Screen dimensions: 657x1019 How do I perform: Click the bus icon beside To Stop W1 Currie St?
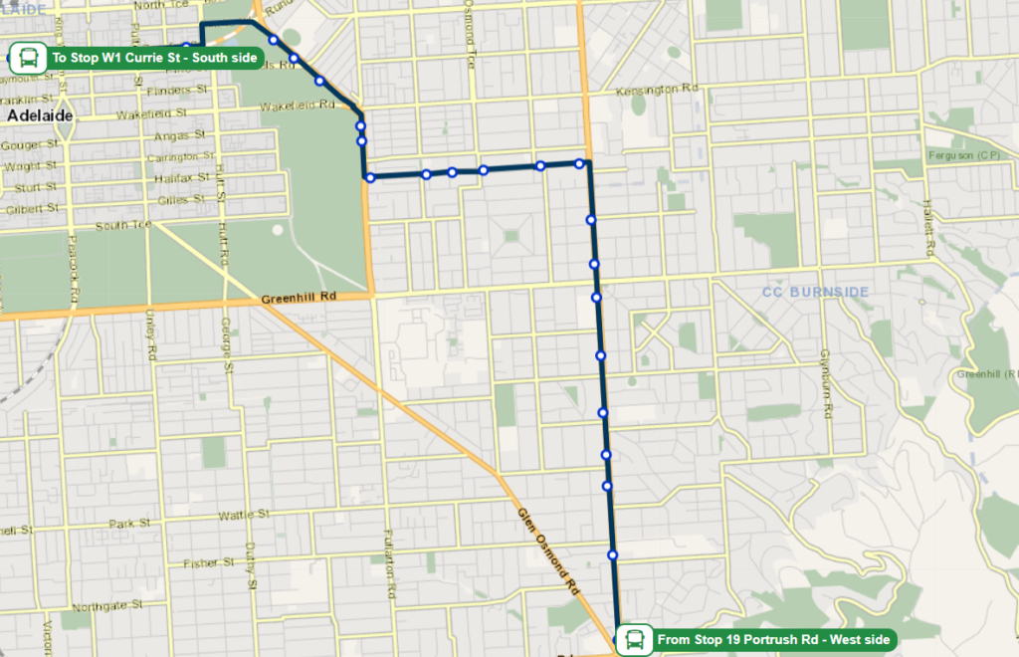coord(27,57)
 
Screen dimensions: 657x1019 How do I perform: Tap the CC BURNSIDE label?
coord(815,292)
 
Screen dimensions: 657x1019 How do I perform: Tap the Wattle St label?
coord(245,515)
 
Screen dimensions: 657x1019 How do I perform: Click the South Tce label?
coord(123,225)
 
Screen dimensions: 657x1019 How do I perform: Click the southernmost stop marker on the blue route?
coord(613,554)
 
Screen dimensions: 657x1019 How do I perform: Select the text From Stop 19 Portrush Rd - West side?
coord(773,639)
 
